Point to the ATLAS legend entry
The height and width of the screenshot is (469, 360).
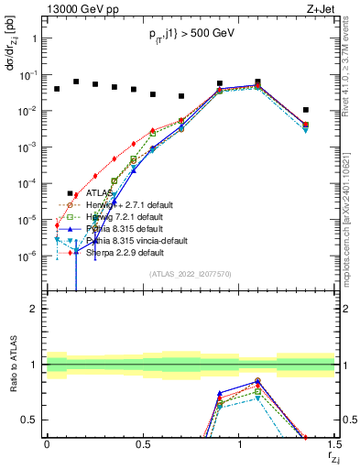point(99,193)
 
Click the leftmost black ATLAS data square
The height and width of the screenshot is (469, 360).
point(57,89)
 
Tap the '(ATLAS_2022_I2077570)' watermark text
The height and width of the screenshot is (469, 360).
point(191,273)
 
